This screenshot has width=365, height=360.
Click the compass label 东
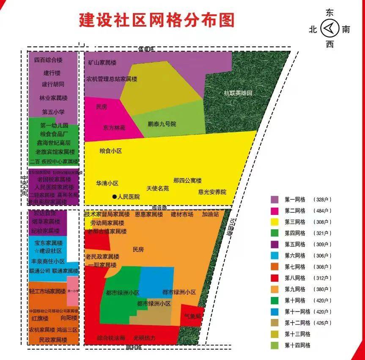[x=329, y=13]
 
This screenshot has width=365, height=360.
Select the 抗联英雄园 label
[x=238, y=93]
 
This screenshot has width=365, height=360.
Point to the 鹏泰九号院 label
[x=162, y=124]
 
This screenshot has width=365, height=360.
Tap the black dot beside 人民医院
[x=114, y=197]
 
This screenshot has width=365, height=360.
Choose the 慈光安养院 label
[x=212, y=192]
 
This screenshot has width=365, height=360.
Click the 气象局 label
[x=192, y=316]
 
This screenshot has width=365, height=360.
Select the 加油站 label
[x=210, y=214]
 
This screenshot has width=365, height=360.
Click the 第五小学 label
[x=53, y=112]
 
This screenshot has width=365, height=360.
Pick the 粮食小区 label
[x=110, y=151]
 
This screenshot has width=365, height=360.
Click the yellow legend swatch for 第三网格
[x=275, y=222]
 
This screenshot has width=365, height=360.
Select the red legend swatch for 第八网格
[x=275, y=278]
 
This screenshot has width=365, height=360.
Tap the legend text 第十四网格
[x=298, y=345]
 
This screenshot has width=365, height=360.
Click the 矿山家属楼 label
[x=102, y=63]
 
